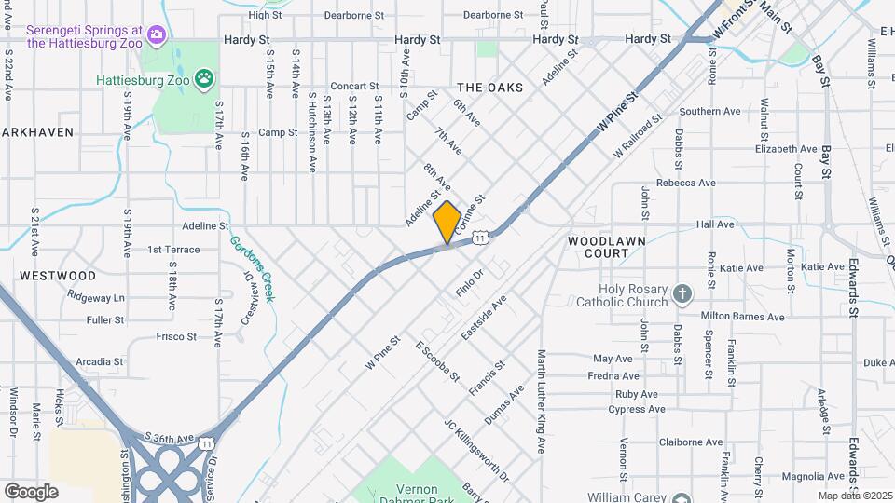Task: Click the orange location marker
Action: pyautogui.click(x=447, y=223)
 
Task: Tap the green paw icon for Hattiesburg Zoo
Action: pyautogui.click(x=204, y=78)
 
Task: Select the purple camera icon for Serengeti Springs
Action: pyautogui.click(x=156, y=35)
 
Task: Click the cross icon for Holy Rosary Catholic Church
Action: pyautogui.click(x=682, y=294)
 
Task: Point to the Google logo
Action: pyautogui.click(x=31, y=491)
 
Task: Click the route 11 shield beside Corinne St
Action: pyautogui.click(x=479, y=238)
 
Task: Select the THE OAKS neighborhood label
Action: pyautogui.click(x=489, y=87)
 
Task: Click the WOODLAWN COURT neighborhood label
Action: pyautogui.click(x=607, y=247)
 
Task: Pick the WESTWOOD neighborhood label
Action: pyautogui.click(x=58, y=276)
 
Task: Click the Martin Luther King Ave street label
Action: pyautogui.click(x=541, y=401)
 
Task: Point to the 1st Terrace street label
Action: pyautogui.click(x=173, y=250)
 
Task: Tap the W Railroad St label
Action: pyautogui.click(x=637, y=136)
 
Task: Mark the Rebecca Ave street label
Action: pyautogui.click(x=685, y=184)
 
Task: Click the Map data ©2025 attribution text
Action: pyautogui.click(x=856, y=495)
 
